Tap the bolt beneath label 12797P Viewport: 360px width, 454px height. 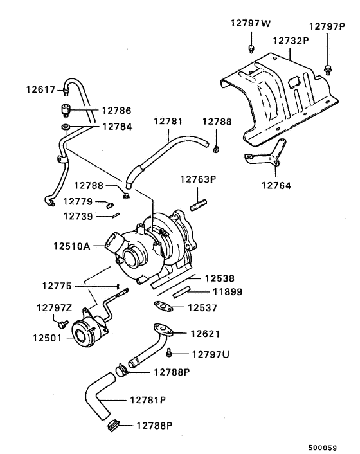328,68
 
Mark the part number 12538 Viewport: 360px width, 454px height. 220,278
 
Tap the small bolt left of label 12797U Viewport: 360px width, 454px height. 169,352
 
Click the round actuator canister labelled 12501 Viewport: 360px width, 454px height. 85,332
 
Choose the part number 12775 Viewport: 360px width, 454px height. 59,285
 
